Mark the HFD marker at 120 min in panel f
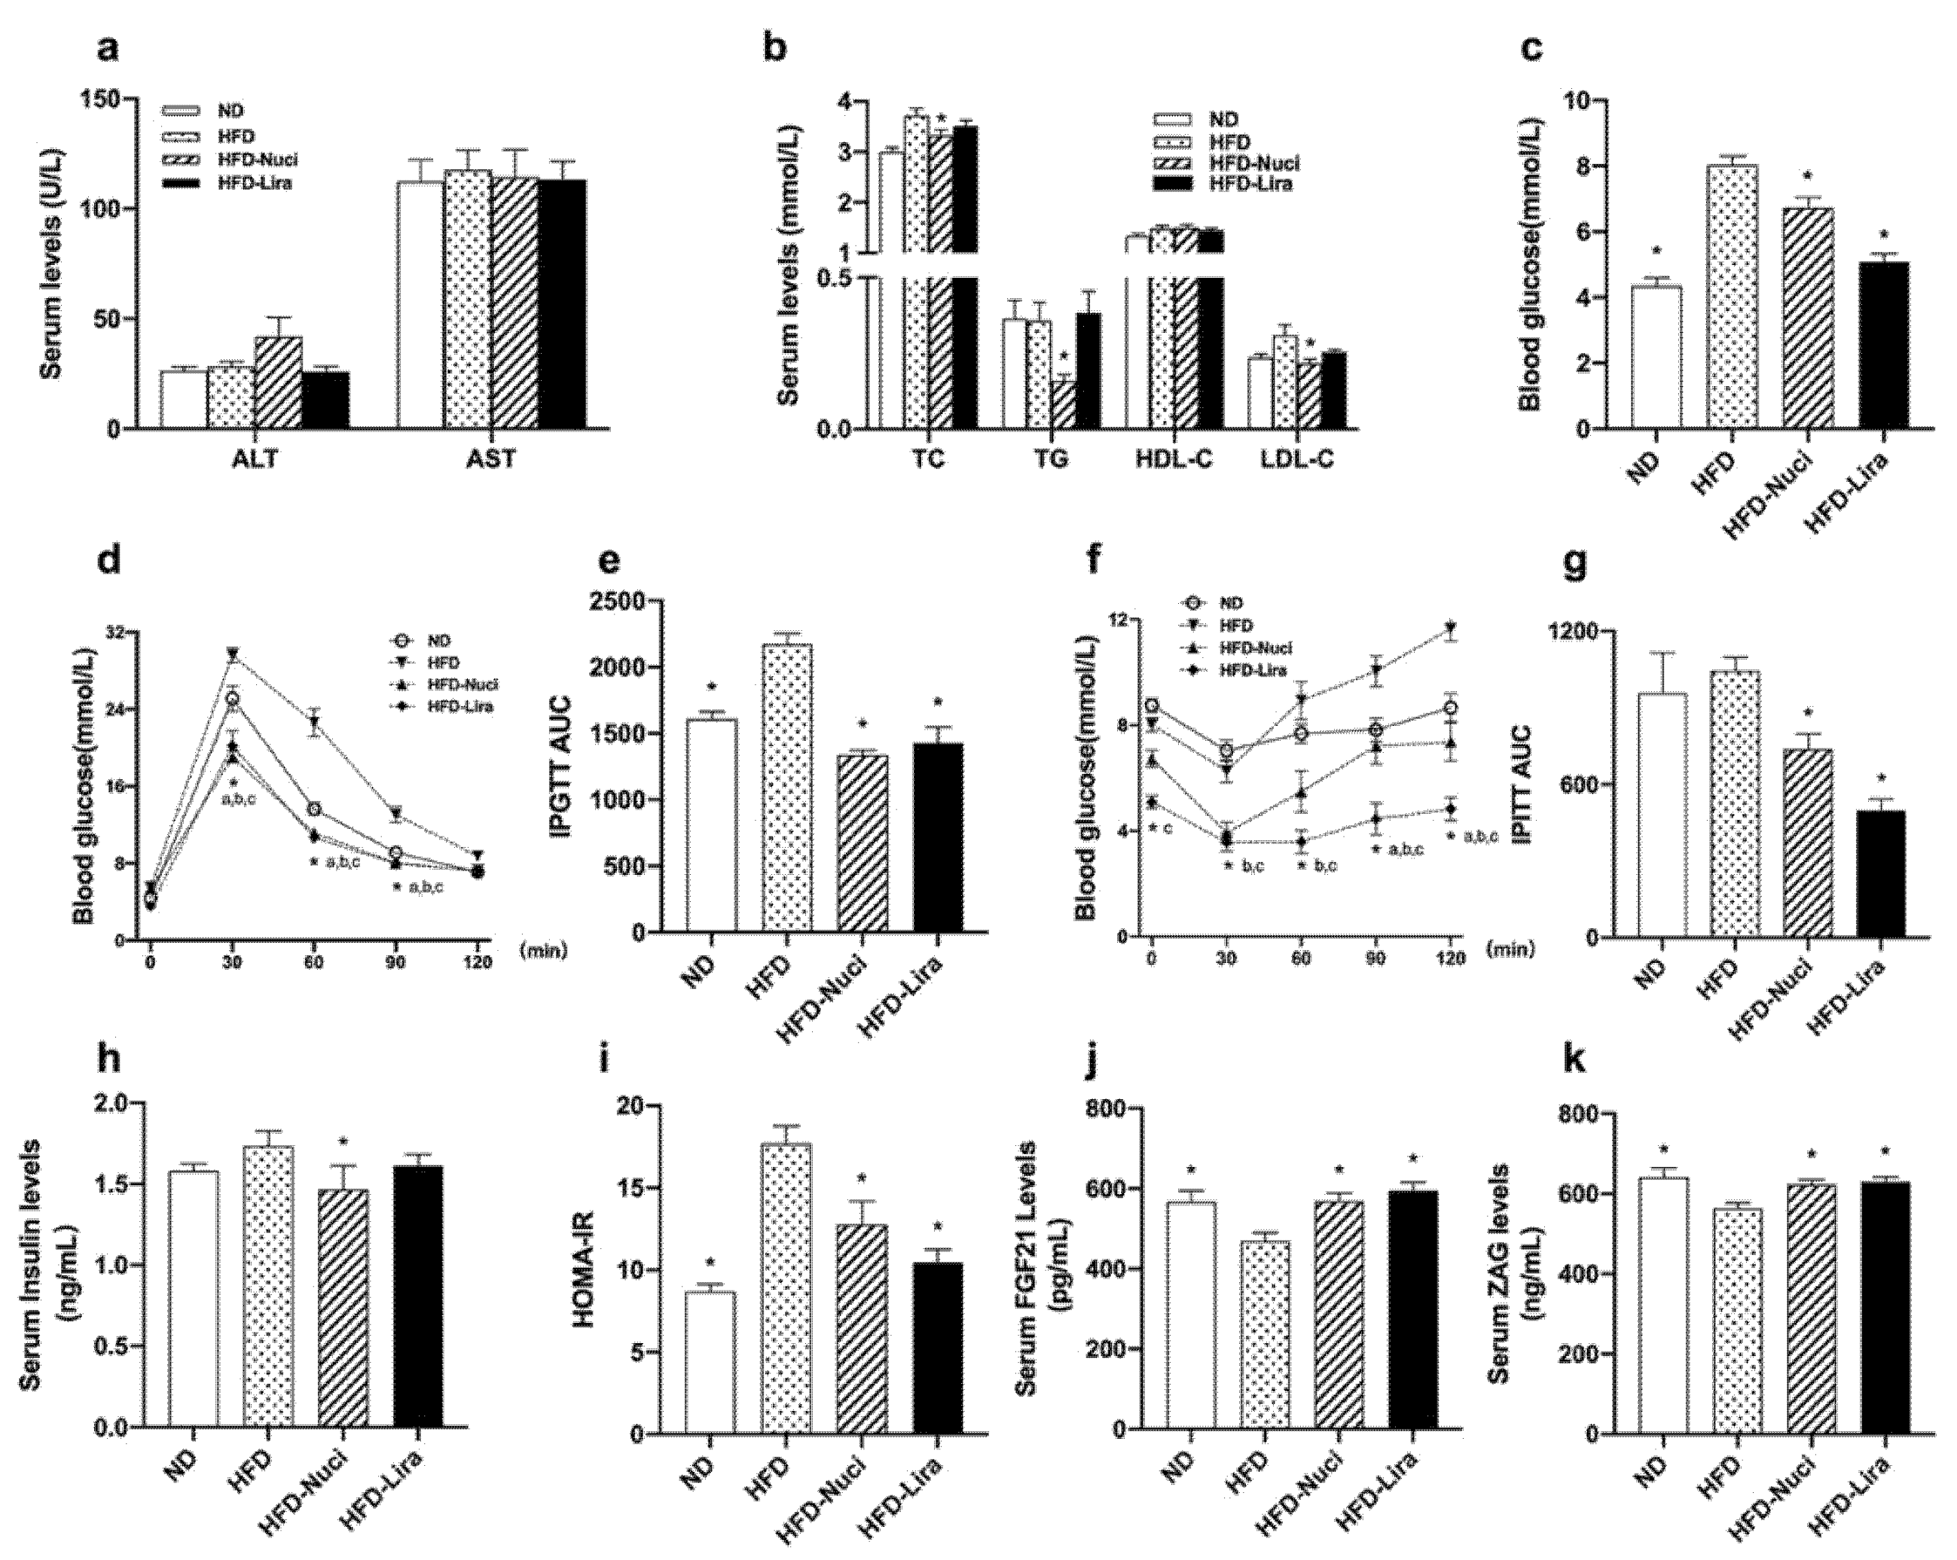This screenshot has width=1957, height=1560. click(1451, 628)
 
